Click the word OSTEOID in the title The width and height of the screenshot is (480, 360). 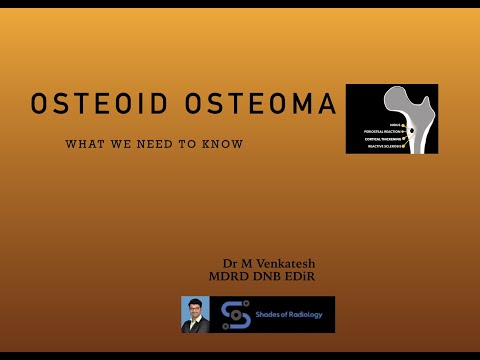pos(98,104)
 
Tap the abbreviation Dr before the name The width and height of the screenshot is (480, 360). pos(229,263)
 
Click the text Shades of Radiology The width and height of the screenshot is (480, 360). pos(280,313)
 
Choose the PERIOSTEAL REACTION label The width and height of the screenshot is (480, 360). pos(381,131)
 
